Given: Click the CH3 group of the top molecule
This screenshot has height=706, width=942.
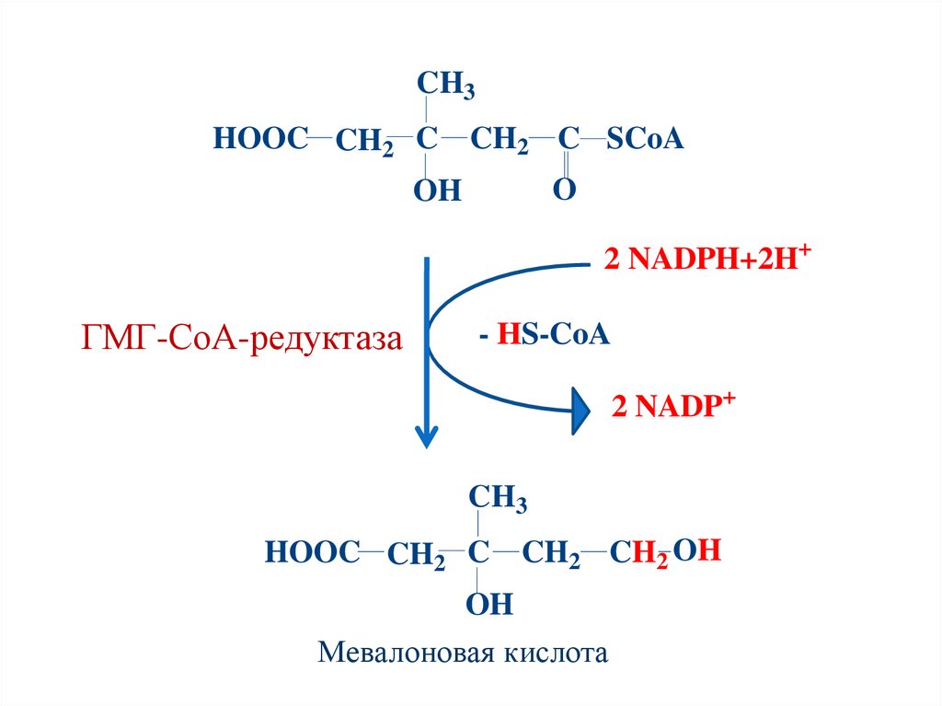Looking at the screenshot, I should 445,85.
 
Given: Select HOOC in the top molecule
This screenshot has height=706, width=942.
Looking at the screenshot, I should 258,140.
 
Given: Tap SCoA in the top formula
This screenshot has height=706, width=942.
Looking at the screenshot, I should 645,140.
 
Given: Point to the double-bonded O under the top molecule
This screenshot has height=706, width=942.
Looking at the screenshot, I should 564,190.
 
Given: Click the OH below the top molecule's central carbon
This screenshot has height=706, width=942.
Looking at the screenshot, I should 436,191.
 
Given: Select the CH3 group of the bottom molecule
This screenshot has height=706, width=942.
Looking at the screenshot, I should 498,499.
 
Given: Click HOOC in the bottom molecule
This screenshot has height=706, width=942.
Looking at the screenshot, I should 311,553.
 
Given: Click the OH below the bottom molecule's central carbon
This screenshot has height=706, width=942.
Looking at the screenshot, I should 488,605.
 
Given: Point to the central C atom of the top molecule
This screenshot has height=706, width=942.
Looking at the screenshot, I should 426,140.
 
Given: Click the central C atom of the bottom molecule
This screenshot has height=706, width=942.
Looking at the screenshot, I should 477,553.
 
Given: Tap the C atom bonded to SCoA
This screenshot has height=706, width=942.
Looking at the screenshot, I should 569,140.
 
